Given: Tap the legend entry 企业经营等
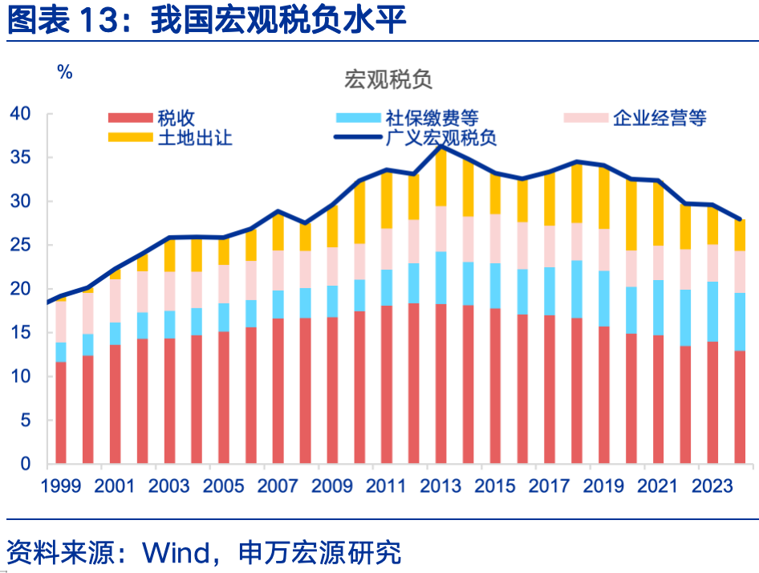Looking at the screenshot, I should (659, 118).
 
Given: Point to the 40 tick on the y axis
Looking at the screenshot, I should (20, 114).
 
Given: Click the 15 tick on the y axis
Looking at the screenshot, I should (20, 332).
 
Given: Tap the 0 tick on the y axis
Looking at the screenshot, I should (25, 464).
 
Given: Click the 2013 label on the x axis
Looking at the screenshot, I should (440, 486).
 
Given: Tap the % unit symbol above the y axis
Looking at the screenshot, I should (65, 72).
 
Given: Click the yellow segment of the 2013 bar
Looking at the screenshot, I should (440, 177).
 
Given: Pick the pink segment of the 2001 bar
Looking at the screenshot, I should (115, 301).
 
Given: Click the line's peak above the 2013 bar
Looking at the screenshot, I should (440, 147).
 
